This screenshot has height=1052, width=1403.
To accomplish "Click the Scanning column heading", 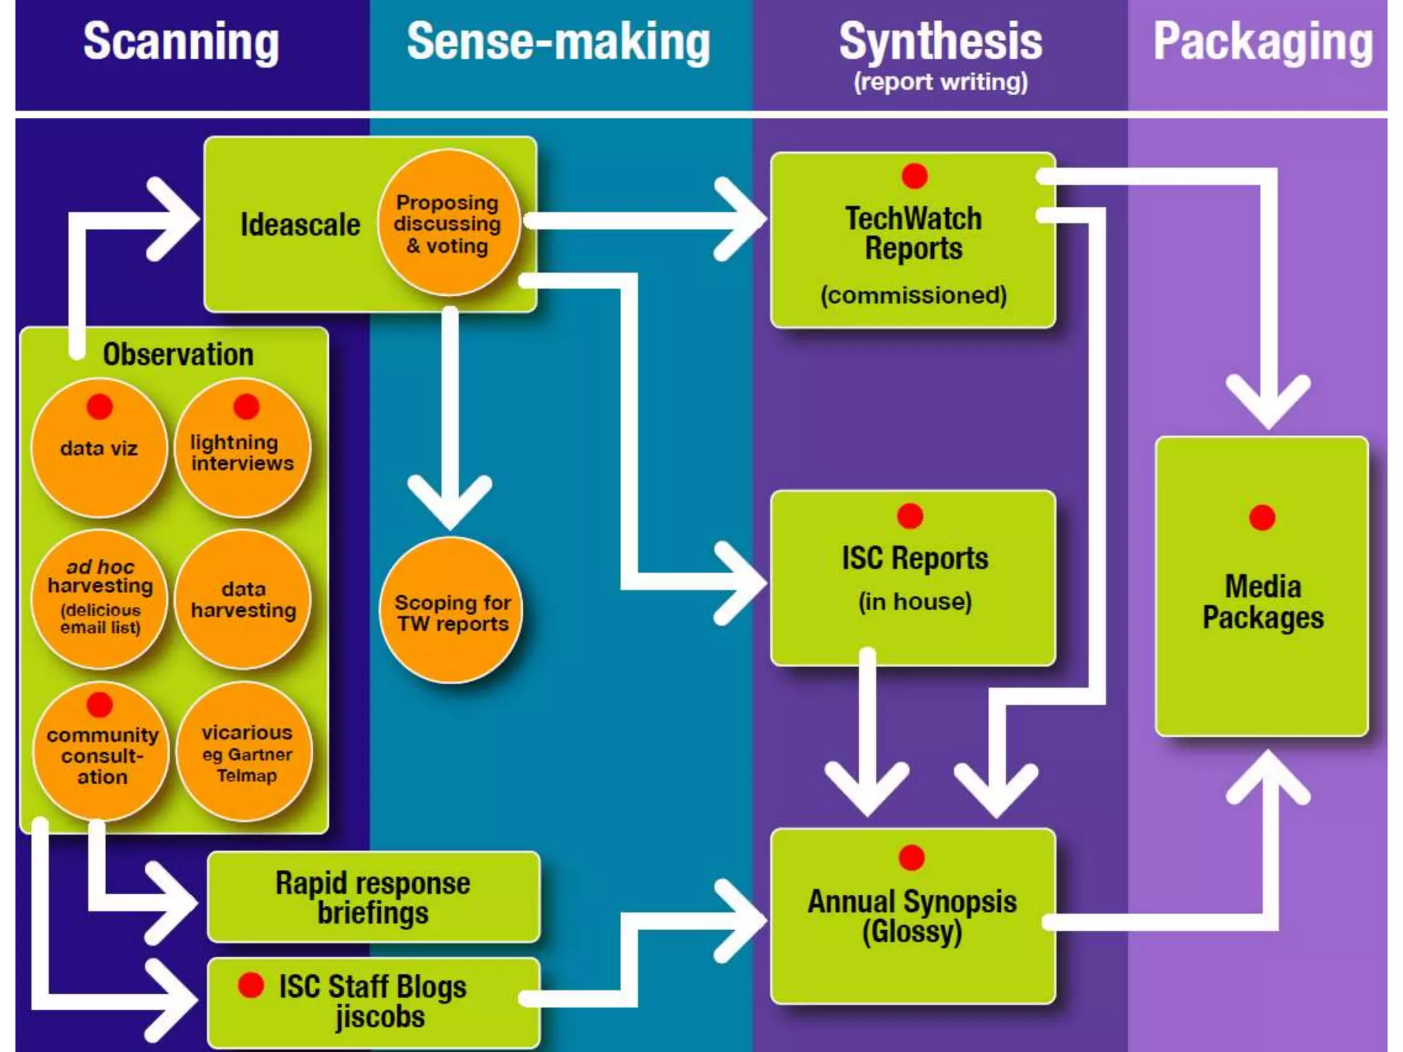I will [x=181, y=42].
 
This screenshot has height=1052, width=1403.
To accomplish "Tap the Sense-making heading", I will [x=558, y=42].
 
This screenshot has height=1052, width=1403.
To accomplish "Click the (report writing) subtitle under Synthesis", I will [x=940, y=82].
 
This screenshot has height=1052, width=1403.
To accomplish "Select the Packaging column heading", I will [x=1263, y=42].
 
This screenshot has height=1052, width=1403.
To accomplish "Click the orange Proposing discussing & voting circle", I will [x=449, y=223].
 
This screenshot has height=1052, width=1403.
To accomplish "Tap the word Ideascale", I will [x=300, y=225].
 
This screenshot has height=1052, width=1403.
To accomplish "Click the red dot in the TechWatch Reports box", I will [x=914, y=176].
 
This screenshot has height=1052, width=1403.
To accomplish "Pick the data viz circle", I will [x=99, y=449].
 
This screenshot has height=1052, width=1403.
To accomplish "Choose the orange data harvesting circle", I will [x=243, y=599].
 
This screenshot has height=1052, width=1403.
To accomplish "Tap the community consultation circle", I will [x=101, y=753].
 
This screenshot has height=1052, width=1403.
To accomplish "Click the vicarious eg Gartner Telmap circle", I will [x=246, y=753].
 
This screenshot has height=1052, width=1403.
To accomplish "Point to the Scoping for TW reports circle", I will [x=451, y=612].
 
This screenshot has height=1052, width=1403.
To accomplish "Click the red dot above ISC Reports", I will [x=910, y=516].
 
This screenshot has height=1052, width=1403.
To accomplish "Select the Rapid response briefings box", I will [x=373, y=897].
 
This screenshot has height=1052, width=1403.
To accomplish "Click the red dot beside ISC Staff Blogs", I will [x=251, y=985].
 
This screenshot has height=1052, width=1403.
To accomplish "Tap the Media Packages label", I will [x=1262, y=602].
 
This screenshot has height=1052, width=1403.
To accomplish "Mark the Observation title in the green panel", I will [x=178, y=355].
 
